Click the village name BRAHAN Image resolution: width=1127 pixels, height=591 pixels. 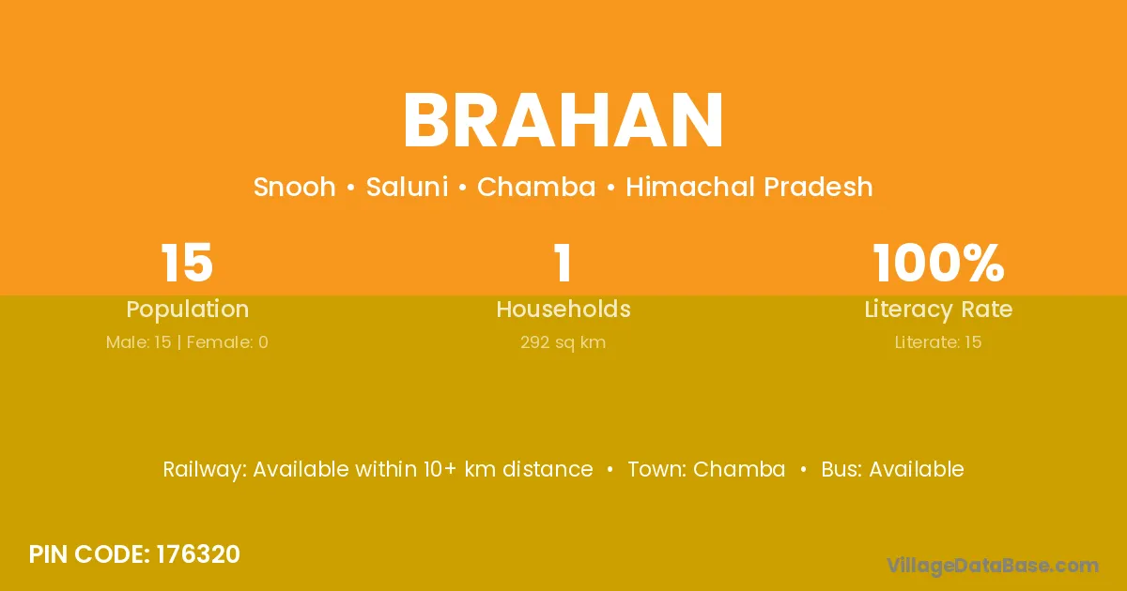coord(563,121)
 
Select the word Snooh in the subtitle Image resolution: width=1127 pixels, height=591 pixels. coord(294,187)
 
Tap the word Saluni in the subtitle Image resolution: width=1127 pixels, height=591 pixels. coord(407,187)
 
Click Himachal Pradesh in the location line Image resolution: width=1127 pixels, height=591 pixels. coord(749,187)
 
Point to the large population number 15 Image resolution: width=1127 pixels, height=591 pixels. coord(187,263)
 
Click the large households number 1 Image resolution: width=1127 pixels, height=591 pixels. coord(563,263)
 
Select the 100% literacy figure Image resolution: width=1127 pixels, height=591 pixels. coord(938,263)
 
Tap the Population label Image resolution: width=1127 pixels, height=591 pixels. coord(188,310)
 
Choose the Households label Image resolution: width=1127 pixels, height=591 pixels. coord(563,309)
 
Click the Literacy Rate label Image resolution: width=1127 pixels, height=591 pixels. coord(938,310)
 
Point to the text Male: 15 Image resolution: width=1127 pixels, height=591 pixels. coord(138,342)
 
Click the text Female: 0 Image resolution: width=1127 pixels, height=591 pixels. coord(227,342)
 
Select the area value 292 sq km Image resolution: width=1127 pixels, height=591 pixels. coord(563,342)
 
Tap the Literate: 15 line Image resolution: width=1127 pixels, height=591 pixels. coord(938,342)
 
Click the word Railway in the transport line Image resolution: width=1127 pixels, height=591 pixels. coord(205,470)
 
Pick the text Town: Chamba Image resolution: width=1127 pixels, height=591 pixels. coord(706,469)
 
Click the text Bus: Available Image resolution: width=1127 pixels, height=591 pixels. coord(892,469)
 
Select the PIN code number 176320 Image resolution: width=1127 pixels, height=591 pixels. coord(198,554)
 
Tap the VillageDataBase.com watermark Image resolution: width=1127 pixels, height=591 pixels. coord(993,566)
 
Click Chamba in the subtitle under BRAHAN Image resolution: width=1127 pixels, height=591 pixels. coord(536,187)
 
